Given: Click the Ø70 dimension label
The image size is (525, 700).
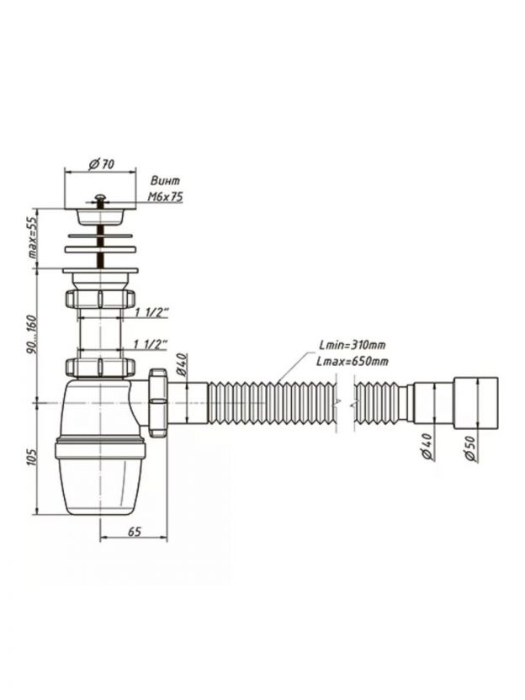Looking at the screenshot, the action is (101, 164).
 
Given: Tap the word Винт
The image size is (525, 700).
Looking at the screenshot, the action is (165, 181).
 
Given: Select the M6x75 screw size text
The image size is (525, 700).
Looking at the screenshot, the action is (165, 197).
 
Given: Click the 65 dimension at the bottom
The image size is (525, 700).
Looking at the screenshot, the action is (135, 531).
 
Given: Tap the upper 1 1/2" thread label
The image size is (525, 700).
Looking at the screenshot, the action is (151, 312).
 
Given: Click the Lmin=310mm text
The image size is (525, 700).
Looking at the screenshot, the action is (353, 345).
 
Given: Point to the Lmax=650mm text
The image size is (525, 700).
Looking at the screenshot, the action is (353, 361).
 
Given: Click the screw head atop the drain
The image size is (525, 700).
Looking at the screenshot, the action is (101, 198).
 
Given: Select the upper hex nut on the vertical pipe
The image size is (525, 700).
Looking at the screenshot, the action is (100, 298).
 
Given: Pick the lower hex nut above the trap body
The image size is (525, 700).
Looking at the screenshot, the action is (100, 367).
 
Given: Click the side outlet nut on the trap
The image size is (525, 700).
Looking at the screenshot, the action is (156, 402).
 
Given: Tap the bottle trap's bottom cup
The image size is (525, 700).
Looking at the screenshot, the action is (100, 477).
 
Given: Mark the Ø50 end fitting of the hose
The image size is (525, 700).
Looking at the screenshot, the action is (476, 403).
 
